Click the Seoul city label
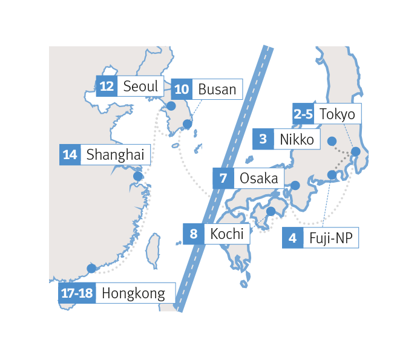click(x=140, y=87)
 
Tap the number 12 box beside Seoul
click(x=107, y=87)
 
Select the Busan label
click(x=217, y=90)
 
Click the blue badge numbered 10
click(x=181, y=90)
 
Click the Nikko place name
click(x=297, y=140)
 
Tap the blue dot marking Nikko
click(x=332, y=142)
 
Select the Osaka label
click(x=258, y=178)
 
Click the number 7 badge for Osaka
click(x=223, y=178)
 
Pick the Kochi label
click(x=227, y=234)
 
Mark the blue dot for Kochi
click(x=271, y=211)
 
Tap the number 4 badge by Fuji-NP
click(x=293, y=238)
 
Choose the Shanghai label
click(x=115, y=154)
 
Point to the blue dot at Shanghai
click(x=138, y=177)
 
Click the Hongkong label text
click(x=133, y=294)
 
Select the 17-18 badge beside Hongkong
click(x=77, y=294)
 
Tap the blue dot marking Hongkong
click(x=91, y=268)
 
